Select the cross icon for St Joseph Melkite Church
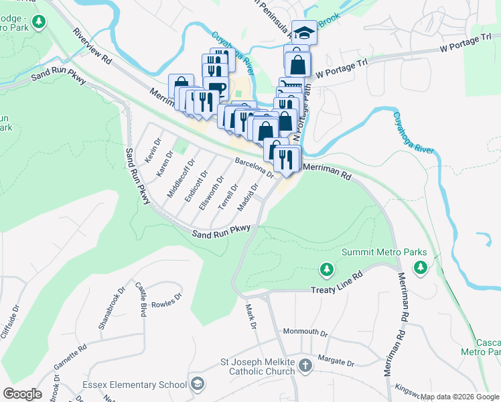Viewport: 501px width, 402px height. coord(305,366)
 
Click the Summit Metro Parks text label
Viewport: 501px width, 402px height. coord(384,253)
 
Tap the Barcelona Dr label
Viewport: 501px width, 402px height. coord(255,167)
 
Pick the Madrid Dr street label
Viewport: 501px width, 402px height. coord(248,198)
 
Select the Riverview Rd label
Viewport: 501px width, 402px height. coord(92,47)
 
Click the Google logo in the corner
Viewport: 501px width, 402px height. coord(22,393)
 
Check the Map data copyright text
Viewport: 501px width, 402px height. coord(459,397)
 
